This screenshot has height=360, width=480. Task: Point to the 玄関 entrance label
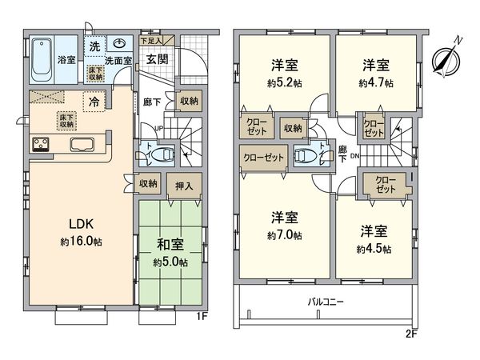(x=158, y=58)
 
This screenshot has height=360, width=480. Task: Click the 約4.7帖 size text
(x=375, y=82)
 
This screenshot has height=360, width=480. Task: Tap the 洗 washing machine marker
(x=95, y=46)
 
